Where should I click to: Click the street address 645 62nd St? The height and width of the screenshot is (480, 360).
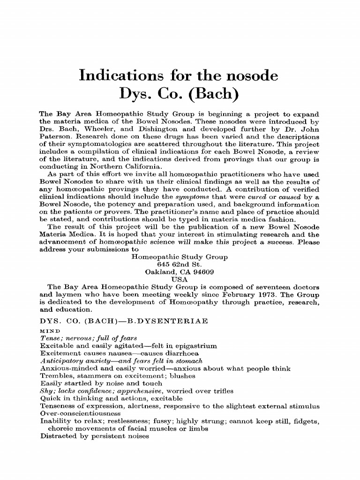180,264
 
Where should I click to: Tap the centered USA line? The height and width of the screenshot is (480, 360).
180,279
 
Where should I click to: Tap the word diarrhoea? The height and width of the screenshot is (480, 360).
182,353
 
